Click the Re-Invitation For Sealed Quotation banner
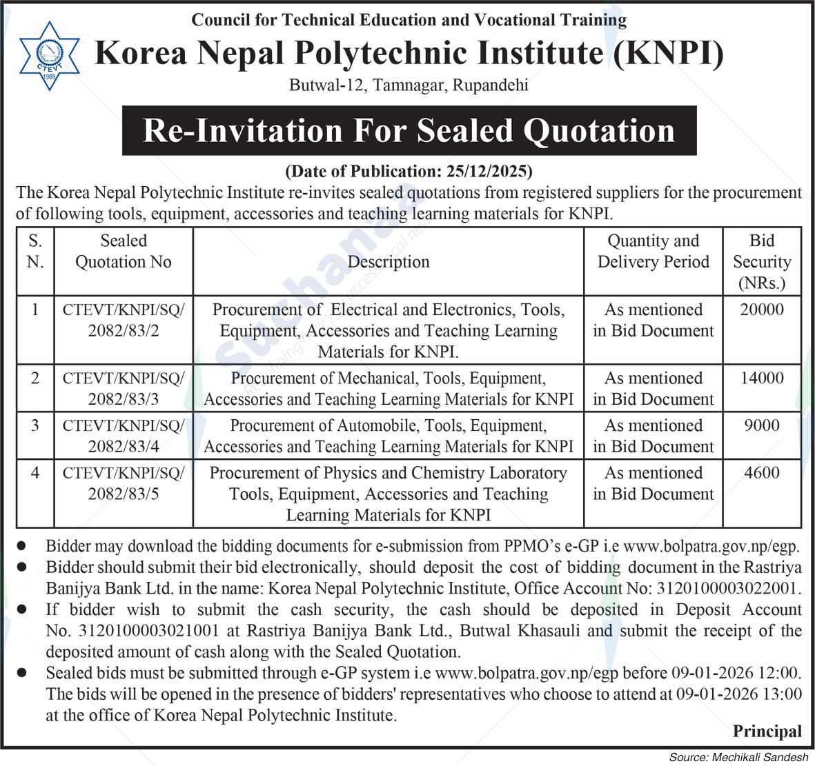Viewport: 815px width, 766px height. click(x=409, y=130)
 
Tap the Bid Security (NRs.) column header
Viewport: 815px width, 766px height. click(x=762, y=261)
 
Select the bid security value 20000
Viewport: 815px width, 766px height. click(x=762, y=310)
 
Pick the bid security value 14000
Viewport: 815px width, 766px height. click(x=762, y=378)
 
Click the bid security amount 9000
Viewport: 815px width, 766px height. click(x=762, y=425)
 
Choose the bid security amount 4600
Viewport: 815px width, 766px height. click(x=762, y=473)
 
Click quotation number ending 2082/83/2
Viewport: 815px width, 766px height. click(x=124, y=331)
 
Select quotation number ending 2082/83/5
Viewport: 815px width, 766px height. click(x=124, y=494)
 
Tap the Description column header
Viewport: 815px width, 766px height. click(x=389, y=262)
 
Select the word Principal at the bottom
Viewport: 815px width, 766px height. click(x=767, y=731)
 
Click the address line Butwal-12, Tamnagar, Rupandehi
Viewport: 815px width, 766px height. click(x=409, y=85)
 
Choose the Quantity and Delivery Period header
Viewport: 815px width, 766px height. click(x=653, y=251)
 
